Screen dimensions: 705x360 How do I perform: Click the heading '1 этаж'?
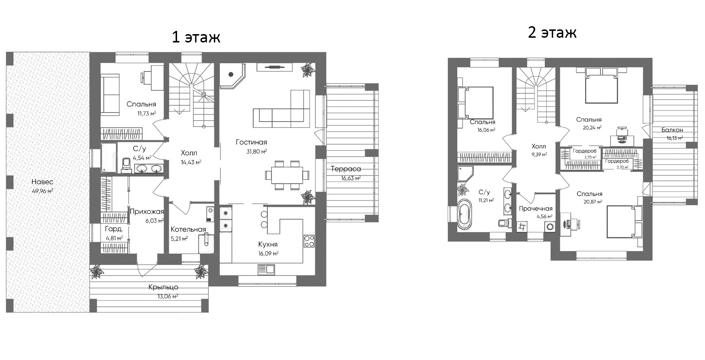click(x=196, y=37)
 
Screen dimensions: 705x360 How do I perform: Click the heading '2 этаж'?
click(x=552, y=33)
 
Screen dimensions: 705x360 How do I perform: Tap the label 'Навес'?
click(x=42, y=182)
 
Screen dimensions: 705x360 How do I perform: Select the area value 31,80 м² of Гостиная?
click(x=257, y=151)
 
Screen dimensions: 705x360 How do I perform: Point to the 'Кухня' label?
click(x=268, y=244)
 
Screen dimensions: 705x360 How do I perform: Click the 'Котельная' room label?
click(x=188, y=229)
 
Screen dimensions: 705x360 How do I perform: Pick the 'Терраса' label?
click(x=346, y=169)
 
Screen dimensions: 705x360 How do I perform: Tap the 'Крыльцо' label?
click(x=163, y=287)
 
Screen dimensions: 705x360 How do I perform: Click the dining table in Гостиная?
click(x=287, y=175)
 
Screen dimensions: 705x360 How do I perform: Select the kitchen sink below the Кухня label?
click(x=266, y=269)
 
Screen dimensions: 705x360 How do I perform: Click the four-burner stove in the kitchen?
click(x=309, y=241)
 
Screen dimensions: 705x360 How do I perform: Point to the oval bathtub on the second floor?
click(x=463, y=214)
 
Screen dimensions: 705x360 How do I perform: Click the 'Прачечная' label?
click(x=536, y=208)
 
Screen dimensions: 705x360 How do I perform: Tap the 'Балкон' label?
click(x=672, y=130)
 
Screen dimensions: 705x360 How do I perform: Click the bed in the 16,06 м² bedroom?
click(x=476, y=103)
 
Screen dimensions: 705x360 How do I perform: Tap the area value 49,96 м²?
click(x=42, y=191)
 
